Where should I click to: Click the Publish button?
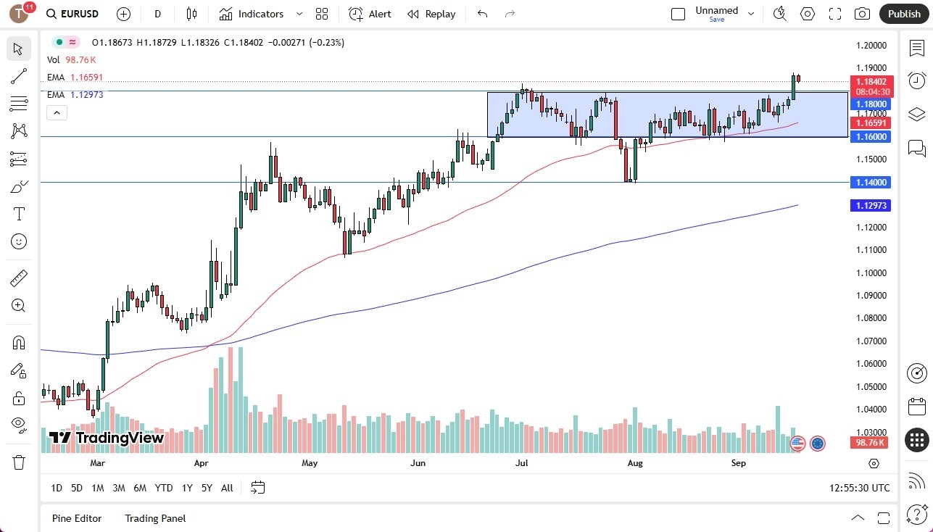[903, 14]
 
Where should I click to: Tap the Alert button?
[370, 14]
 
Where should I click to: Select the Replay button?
[432, 14]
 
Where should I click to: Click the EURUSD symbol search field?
[72, 14]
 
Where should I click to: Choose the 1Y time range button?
[187, 488]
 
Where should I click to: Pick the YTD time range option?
[164, 488]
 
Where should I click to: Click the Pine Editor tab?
[77, 518]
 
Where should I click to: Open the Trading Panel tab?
[155, 518]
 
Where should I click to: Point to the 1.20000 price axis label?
[871, 45]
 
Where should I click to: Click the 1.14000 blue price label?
[871, 182]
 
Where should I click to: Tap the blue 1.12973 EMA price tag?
[871, 206]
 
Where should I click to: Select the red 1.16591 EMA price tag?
[871, 124]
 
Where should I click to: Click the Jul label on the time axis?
[521, 462]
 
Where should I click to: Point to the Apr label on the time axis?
[202, 462]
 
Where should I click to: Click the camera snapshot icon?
[862, 14]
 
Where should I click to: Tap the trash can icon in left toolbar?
[19, 462]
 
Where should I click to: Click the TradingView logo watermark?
[107, 438]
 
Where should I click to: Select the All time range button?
[227, 488]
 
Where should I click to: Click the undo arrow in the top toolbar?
[483, 14]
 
